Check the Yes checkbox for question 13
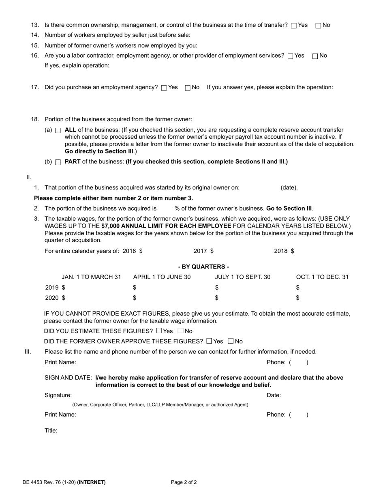click(x=294, y=26)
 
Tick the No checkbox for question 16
click(x=315, y=56)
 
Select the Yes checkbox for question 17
click(x=164, y=88)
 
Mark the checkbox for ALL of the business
click(x=58, y=131)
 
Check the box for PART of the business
click(x=58, y=162)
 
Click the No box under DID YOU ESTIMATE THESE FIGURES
click(x=181, y=331)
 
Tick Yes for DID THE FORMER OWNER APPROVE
click(x=209, y=341)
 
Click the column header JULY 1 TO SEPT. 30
click(x=242, y=277)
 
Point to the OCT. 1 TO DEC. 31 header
click(x=322, y=277)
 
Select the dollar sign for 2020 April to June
click(x=135, y=298)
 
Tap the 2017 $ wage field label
click(x=203, y=251)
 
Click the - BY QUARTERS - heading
click(x=203, y=267)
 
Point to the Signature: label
click(x=58, y=395)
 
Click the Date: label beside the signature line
click(x=274, y=395)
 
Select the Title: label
click(x=51, y=430)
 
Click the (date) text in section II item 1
click(x=289, y=188)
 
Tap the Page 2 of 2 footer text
click(x=184, y=482)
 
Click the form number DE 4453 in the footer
click(x=34, y=482)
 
